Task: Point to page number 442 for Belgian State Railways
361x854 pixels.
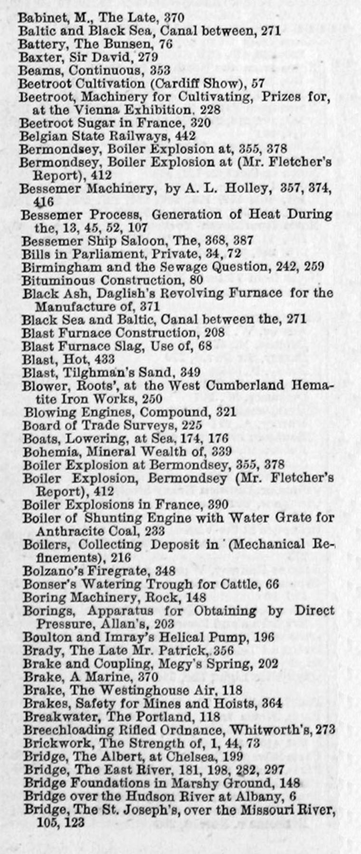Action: coord(185,136)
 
